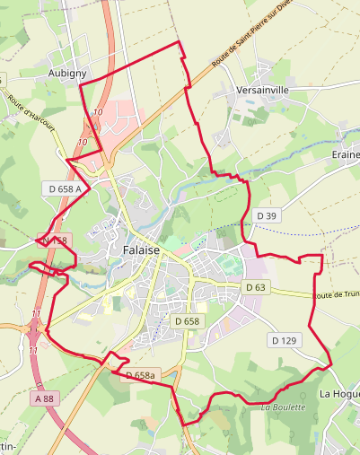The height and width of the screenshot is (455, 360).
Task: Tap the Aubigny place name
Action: click(x=66, y=72)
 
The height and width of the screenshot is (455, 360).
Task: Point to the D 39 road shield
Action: click(x=267, y=215)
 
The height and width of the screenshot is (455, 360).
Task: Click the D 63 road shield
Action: click(x=256, y=287)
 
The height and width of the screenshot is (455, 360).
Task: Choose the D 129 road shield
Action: click(x=284, y=340)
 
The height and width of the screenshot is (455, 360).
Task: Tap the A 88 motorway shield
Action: click(x=45, y=398)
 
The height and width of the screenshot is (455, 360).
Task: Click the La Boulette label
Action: click(x=284, y=407)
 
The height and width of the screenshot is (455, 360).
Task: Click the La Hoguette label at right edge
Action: click(x=339, y=394)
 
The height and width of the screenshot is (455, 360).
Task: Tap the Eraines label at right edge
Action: click(x=346, y=154)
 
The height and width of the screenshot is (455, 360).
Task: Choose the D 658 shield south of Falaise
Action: click(x=186, y=321)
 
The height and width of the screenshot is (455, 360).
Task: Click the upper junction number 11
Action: click(x=36, y=312)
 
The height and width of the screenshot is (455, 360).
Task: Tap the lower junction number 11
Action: click(x=32, y=346)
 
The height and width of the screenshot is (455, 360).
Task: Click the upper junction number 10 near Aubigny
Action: click(x=97, y=112)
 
